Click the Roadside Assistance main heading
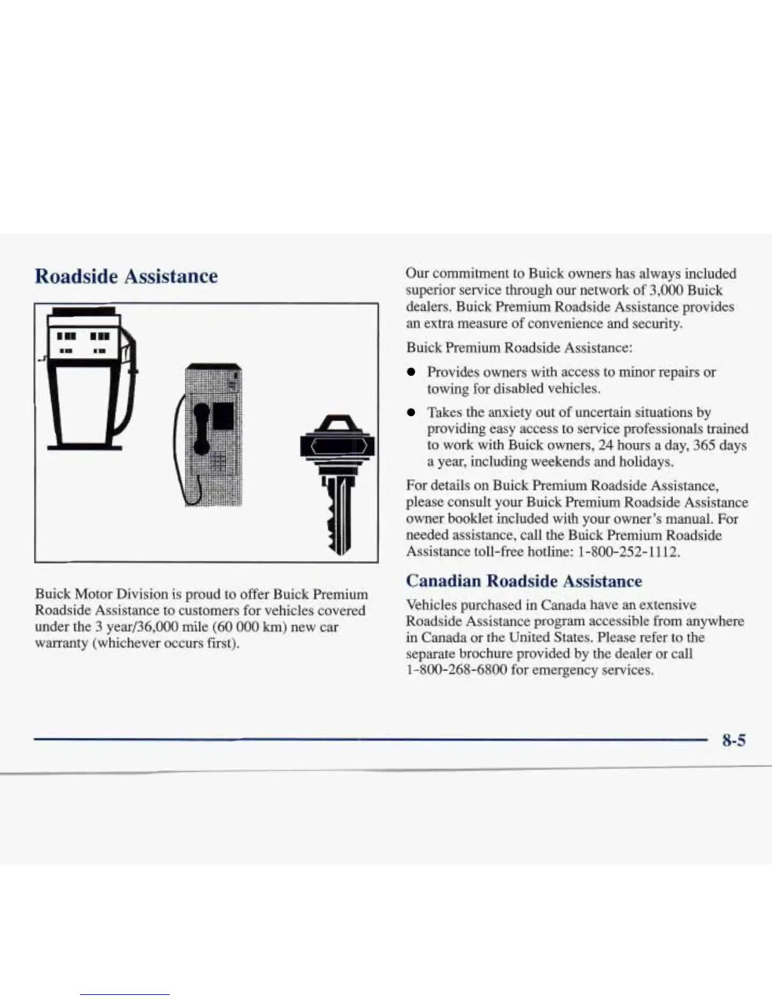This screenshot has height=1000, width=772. [x=126, y=277]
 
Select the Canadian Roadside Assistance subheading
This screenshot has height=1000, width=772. [x=523, y=581]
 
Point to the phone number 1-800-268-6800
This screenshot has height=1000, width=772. [x=456, y=670]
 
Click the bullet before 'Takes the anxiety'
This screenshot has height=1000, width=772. [x=411, y=413]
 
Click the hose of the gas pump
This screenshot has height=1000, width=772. [x=129, y=391]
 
